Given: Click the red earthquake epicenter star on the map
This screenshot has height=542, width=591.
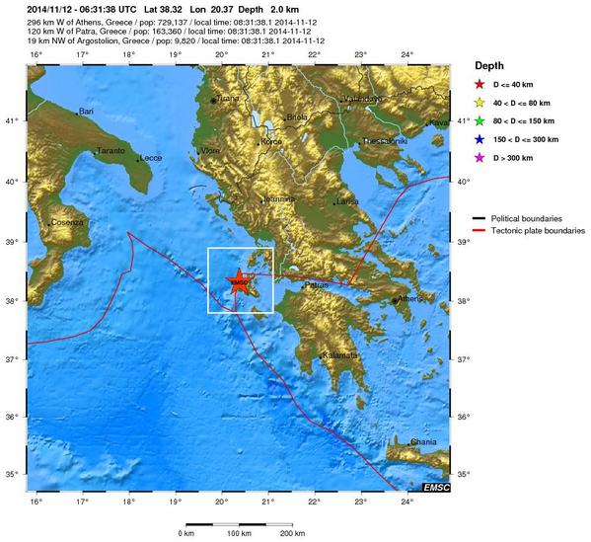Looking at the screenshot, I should [x=239, y=281].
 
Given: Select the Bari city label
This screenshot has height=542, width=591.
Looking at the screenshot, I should [x=86, y=112].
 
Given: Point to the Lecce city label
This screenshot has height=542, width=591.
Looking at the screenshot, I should [x=151, y=158].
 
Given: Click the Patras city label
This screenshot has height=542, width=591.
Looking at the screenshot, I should [x=317, y=284].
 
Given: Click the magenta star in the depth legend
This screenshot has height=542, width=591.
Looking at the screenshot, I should [x=481, y=158].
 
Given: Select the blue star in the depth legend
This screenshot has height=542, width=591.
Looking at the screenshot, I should [x=481, y=139].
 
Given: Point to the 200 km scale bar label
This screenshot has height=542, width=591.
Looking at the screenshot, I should [x=291, y=533].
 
